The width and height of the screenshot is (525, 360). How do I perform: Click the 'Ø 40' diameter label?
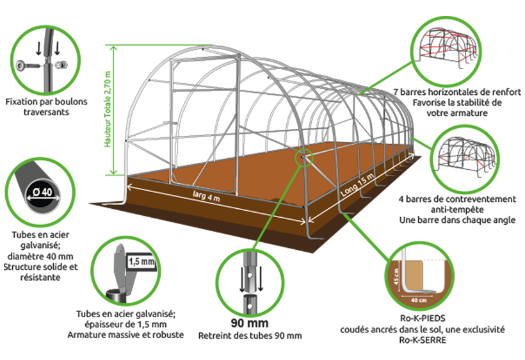pos(42,192)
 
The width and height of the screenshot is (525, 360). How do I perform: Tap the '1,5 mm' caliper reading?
pos(141,261)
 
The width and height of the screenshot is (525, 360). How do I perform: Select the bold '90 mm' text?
pos(250,323)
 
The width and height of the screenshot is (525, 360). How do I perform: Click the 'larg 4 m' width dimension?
pos(207,195)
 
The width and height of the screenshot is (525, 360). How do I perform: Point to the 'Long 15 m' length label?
pos(357,186)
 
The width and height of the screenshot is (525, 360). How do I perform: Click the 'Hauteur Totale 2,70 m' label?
pos(108,109)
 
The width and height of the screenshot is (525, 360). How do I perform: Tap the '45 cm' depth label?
pos(397,277)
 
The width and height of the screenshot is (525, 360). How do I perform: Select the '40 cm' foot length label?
pos(419,300)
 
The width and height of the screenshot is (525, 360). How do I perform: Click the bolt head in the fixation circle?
pos(20,65)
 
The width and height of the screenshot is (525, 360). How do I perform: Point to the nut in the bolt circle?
pos(62,65)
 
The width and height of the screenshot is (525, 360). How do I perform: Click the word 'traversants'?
pos(46,112)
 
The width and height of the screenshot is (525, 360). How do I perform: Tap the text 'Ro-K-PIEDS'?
pos(423,318)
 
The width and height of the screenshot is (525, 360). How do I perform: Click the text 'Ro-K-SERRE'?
pos(423,340)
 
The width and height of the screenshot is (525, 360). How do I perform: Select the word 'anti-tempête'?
pos(457,209)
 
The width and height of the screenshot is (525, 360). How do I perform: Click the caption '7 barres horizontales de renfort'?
pos(457,92)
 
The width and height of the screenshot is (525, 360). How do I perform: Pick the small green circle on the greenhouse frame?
pos(303,158)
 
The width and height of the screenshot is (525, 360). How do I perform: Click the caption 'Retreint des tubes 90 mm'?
pos(250,336)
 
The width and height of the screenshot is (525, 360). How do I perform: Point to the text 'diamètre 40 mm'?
pos(40,256)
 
